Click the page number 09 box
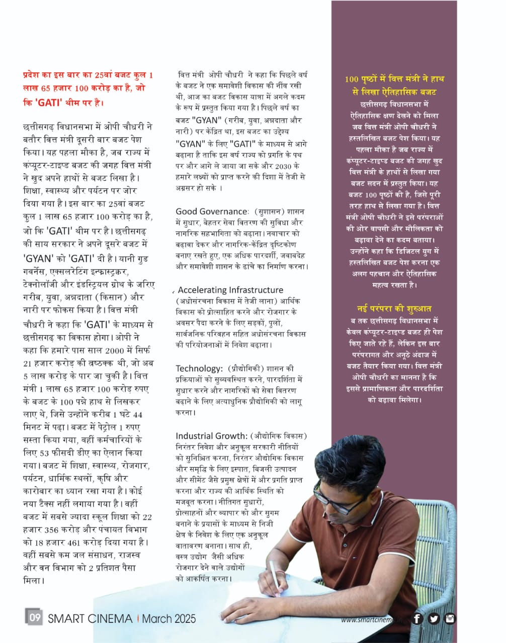[x=34, y=617]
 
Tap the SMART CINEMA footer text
[x=90, y=618]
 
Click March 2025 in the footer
[x=168, y=618]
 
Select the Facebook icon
[x=417, y=618]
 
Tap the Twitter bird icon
[x=434, y=618]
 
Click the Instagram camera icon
[x=450, y=618]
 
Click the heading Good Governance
[x=211, y=211]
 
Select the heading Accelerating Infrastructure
[x=230, y=290]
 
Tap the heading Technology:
[x=199, y=368]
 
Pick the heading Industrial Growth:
[x=211, y=436]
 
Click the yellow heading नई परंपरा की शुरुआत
[x=394, y=308]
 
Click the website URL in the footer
[x=372, y=619]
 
